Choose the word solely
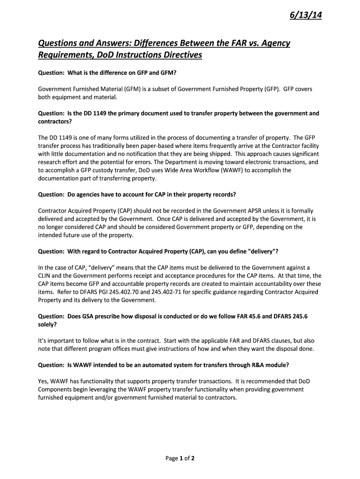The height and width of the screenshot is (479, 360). [x=48, y=324]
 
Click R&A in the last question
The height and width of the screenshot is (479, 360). [x=253, y=365]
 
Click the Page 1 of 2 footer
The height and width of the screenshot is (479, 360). [x=180, y=458]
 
